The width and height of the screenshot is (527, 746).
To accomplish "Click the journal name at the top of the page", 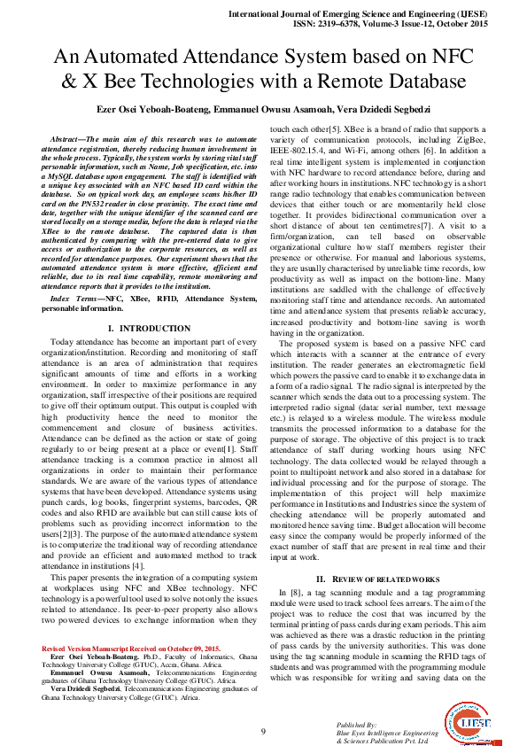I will point(373,15).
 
